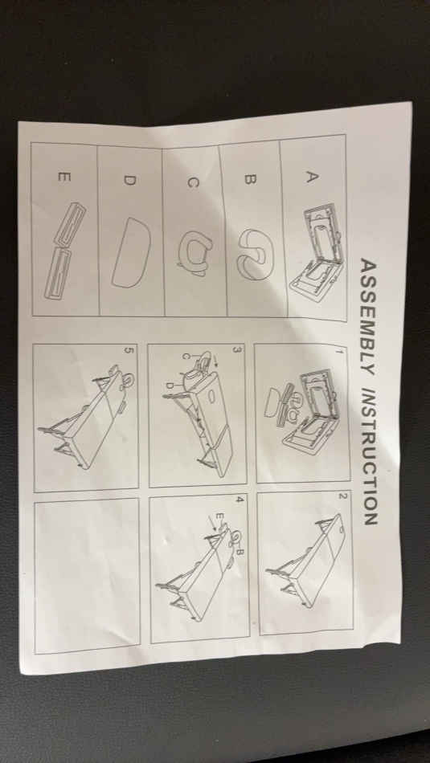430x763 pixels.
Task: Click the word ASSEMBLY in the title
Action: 369,316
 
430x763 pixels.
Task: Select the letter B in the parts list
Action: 249,180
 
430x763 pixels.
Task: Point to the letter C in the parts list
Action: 193,182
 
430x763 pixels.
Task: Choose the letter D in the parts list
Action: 129,180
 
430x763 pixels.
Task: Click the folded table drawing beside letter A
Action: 317,252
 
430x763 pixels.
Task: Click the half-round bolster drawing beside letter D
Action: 130,251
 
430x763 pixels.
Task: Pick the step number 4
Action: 239,500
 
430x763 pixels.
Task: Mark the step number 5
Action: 129,350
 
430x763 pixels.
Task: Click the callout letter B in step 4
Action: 240,552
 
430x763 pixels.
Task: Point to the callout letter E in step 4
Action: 219,515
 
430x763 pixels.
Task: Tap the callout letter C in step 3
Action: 185,356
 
